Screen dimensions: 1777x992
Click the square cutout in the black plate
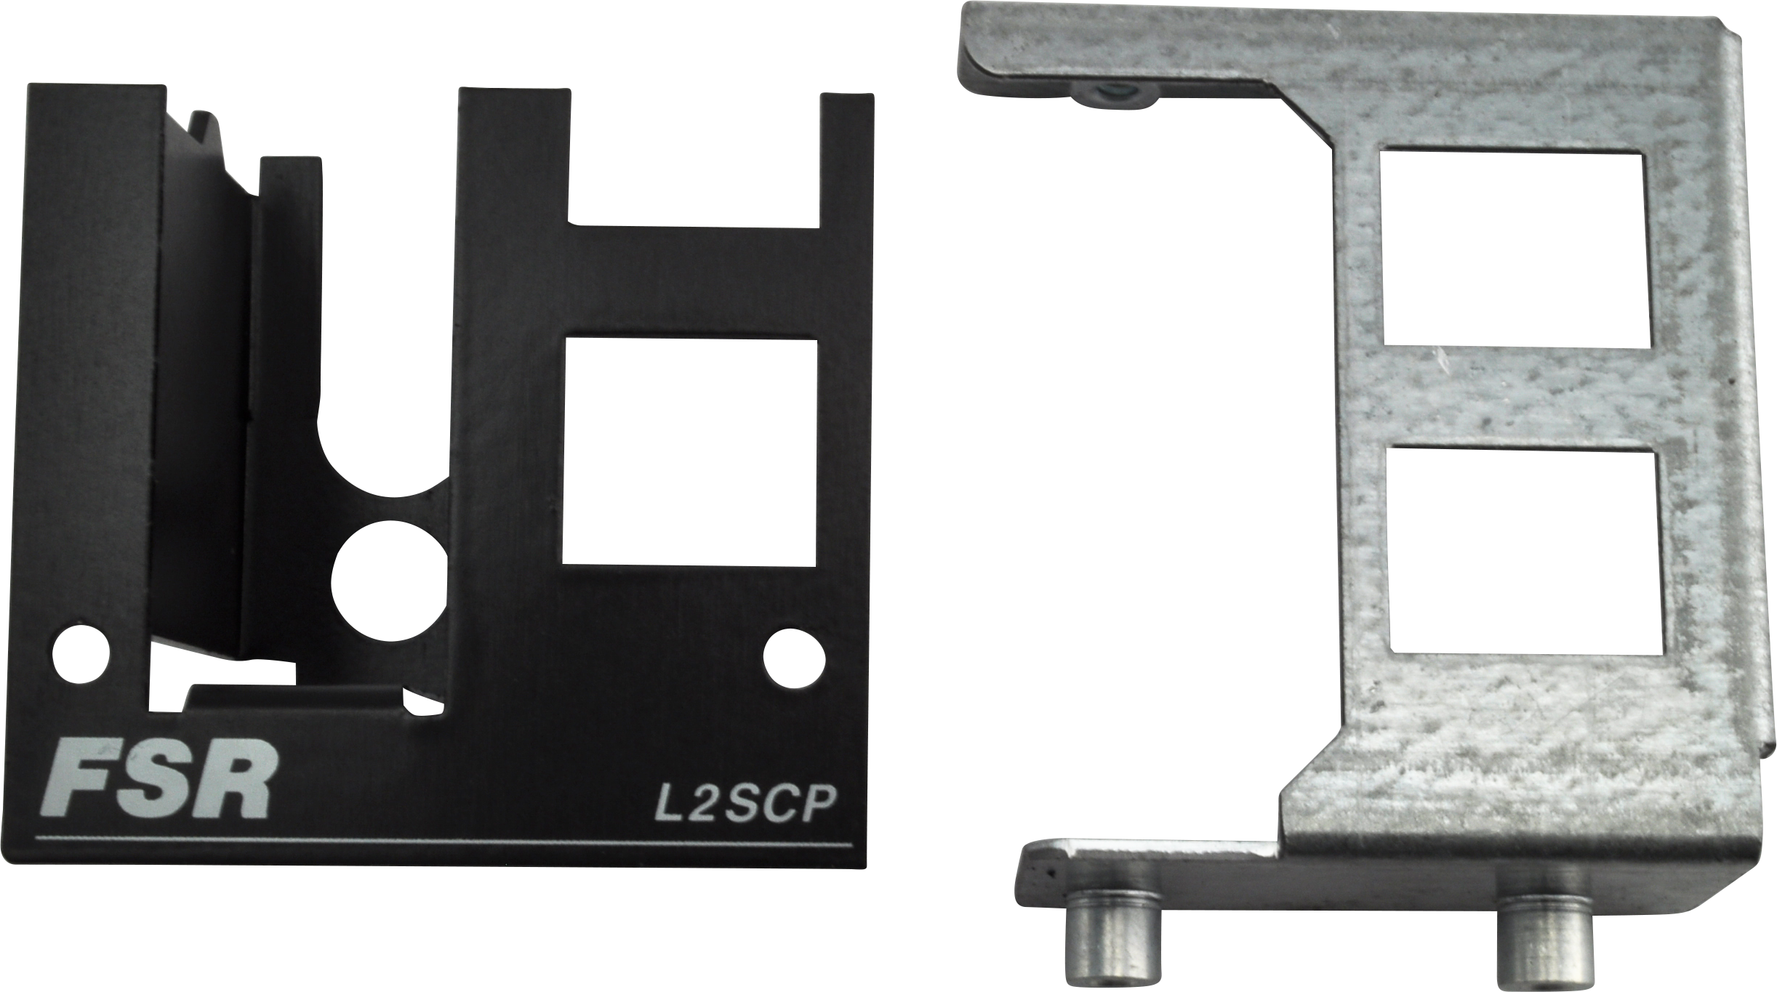coord(689,451)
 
